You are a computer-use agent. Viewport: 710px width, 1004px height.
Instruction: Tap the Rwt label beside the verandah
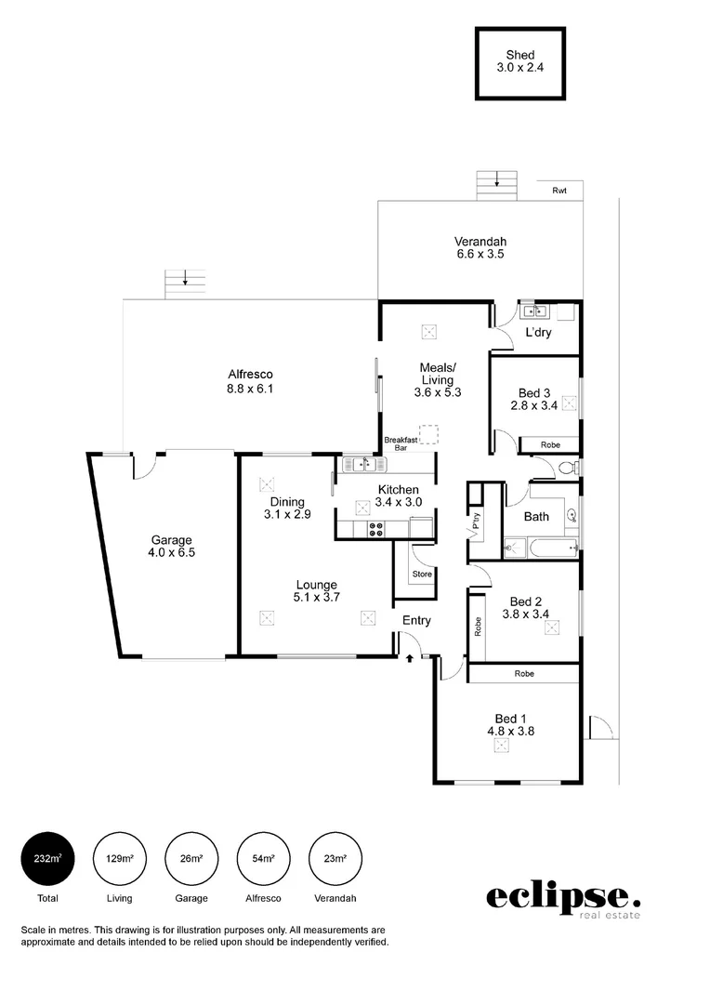click(x=559, y=191)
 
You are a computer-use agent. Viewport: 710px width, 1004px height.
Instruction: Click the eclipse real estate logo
click(x=563, y=899)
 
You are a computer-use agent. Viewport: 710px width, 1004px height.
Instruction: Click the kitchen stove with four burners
click(x=377, y=529)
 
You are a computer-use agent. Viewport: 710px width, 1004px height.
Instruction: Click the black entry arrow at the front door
click(x=410, y=658)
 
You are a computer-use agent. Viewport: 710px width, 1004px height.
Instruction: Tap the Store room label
click(x=422, y=575)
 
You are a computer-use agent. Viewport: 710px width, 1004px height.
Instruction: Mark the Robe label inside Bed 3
click(x=550, y=445)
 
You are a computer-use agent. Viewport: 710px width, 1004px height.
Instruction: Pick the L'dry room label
click(x=538, y=333)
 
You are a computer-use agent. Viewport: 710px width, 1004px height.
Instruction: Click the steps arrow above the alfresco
click(x=186, y=277)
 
